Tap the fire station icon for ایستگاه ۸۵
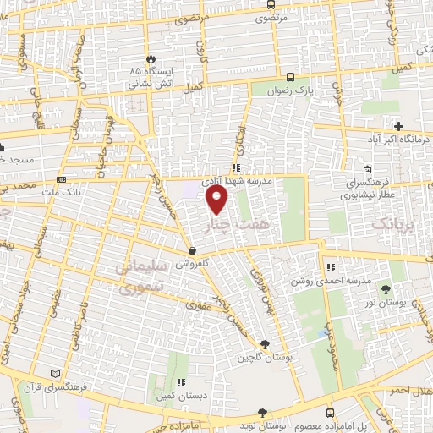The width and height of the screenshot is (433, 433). point(151,59)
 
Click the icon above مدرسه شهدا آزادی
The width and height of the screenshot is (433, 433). point(236,167)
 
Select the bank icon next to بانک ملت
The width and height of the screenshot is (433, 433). point(61,180)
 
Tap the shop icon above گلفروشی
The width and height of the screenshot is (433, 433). point(194,250)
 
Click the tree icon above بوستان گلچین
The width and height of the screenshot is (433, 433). point(266,343)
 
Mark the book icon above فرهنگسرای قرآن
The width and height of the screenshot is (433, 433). point(56,374)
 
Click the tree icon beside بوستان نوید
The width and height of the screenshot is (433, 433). point(262,413)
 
